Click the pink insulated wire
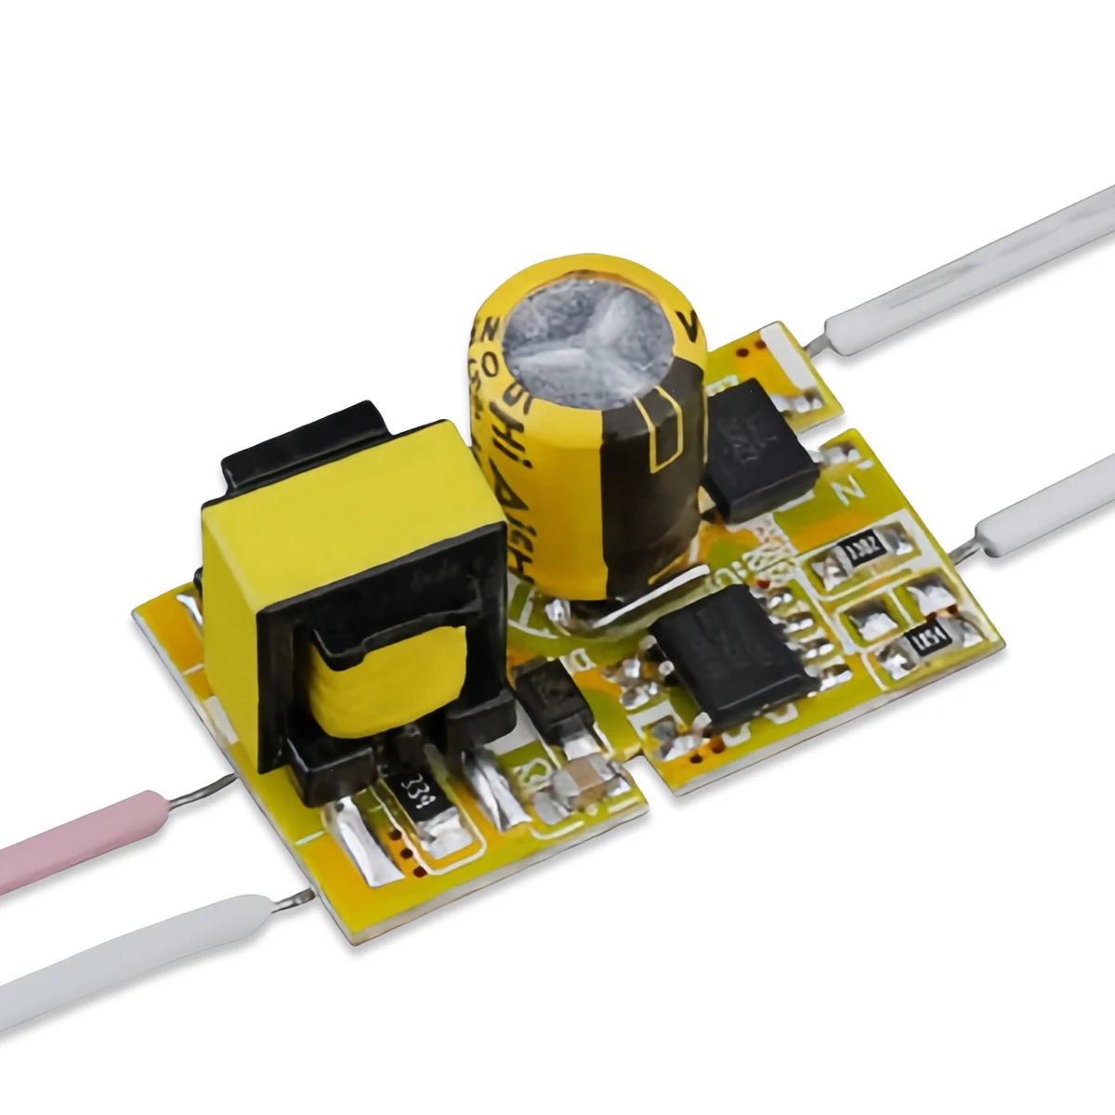84,827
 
